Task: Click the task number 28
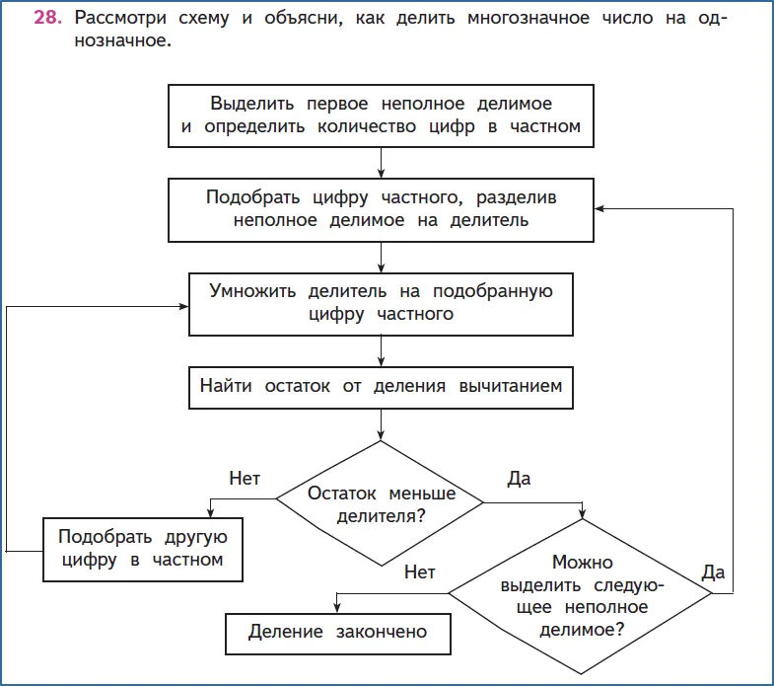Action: pyautogui.click(x=47, y=18)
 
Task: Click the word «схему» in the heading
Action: pyautogui.click(x=204, y=19)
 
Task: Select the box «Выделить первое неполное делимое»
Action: pyautogui.click(x=381, y=115)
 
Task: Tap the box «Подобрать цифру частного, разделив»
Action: pyautogui.click(x=381, y=210)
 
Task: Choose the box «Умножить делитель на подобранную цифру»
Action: pyautogui.click(x=381, y=304)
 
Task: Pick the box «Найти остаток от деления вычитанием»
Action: pyautogui.click(x=381, y=388)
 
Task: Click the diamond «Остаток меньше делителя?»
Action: pyautogui.click(x=380, y=503)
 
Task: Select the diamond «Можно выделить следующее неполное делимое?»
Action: pyautogui.click(x=581, y=595)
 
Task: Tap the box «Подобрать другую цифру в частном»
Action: pyautogui.click(x=143, y=550)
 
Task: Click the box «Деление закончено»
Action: pyautogui.click(x=337, y=634)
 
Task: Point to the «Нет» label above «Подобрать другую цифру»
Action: pyautogui.click(x=245, y=479)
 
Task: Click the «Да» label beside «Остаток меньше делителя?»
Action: pyautogui.click(x=519, y=479)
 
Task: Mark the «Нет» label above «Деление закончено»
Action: pyautogui.click(x=420, y=572)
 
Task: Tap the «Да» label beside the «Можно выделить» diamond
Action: pyautogui.click(x=713, y=572)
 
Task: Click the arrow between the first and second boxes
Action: pyautogui.click(x=381, y=163)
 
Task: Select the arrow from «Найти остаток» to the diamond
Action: pyautogui.click(x=381, y=424)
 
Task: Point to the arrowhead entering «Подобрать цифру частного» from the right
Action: pyautogui.click(x=598, y=208)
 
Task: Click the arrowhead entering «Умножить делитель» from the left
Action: pyautogui.click(x=183, y=306)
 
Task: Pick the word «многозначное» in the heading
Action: pyautogui.click(x=528, y=18)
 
